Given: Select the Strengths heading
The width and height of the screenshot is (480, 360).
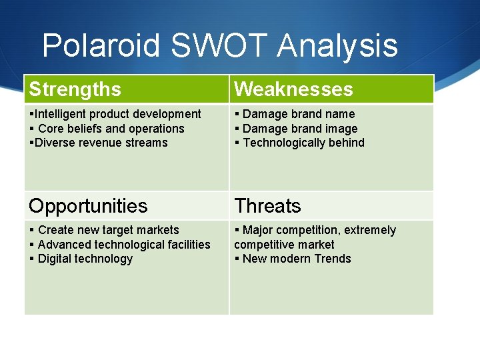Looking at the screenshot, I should coord(75,89).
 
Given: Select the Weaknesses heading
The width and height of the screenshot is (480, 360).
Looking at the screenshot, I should coord(293,89).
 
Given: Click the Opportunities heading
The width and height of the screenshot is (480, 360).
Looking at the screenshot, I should coord(88,205).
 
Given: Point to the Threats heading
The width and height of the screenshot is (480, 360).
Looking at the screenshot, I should coord(267,205).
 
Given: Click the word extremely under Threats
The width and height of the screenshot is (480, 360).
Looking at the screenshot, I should coord(369,230).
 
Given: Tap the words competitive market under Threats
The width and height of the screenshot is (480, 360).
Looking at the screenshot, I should coord(284,245).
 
